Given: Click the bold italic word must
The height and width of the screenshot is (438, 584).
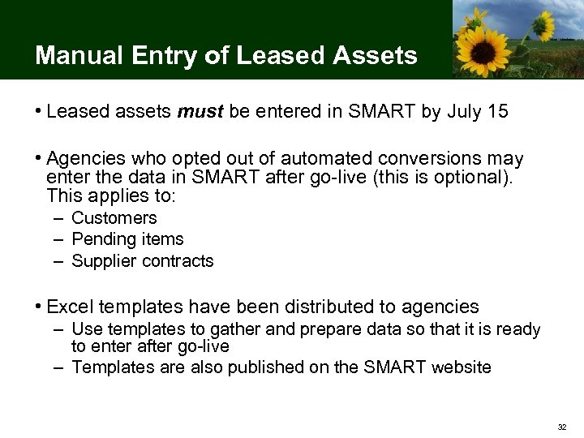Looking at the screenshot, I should coord(200,111).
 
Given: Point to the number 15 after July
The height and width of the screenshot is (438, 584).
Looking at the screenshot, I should coord(497,111).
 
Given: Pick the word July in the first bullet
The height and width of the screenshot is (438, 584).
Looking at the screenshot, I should coord(464,111).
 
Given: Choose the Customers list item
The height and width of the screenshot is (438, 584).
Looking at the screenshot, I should coord(114,218).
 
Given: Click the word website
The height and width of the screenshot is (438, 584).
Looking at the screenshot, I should coord(461,367).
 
